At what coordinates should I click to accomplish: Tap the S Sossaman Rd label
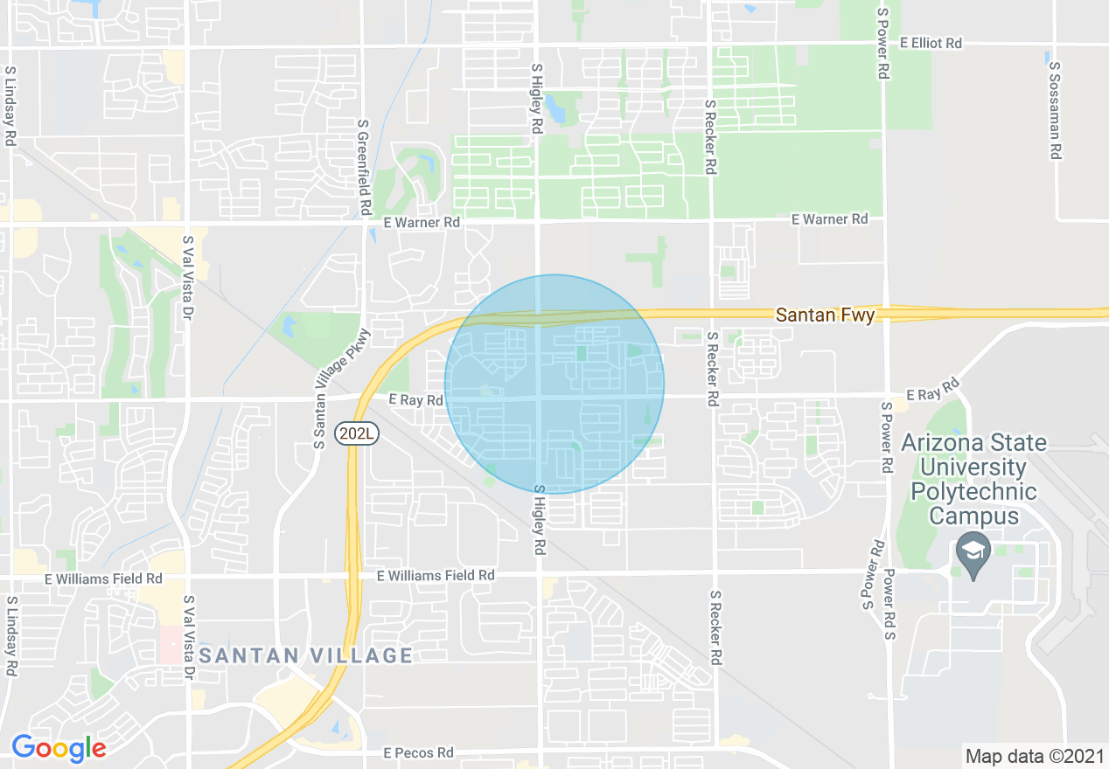coord(1055,110)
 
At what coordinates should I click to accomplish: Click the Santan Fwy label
coord(825,315)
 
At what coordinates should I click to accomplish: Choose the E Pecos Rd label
coord(419,752)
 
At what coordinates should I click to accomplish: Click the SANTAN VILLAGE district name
coord(305,655)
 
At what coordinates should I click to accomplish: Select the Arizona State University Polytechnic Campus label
coord(973,479)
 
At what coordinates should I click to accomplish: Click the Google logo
coord(59,748)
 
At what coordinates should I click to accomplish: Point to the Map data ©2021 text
coord(1033,756)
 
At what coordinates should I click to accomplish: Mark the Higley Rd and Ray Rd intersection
coord(538,398)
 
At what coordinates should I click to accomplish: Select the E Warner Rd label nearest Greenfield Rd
coord(427,222)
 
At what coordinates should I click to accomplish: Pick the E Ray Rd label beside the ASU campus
coord(933,391)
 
